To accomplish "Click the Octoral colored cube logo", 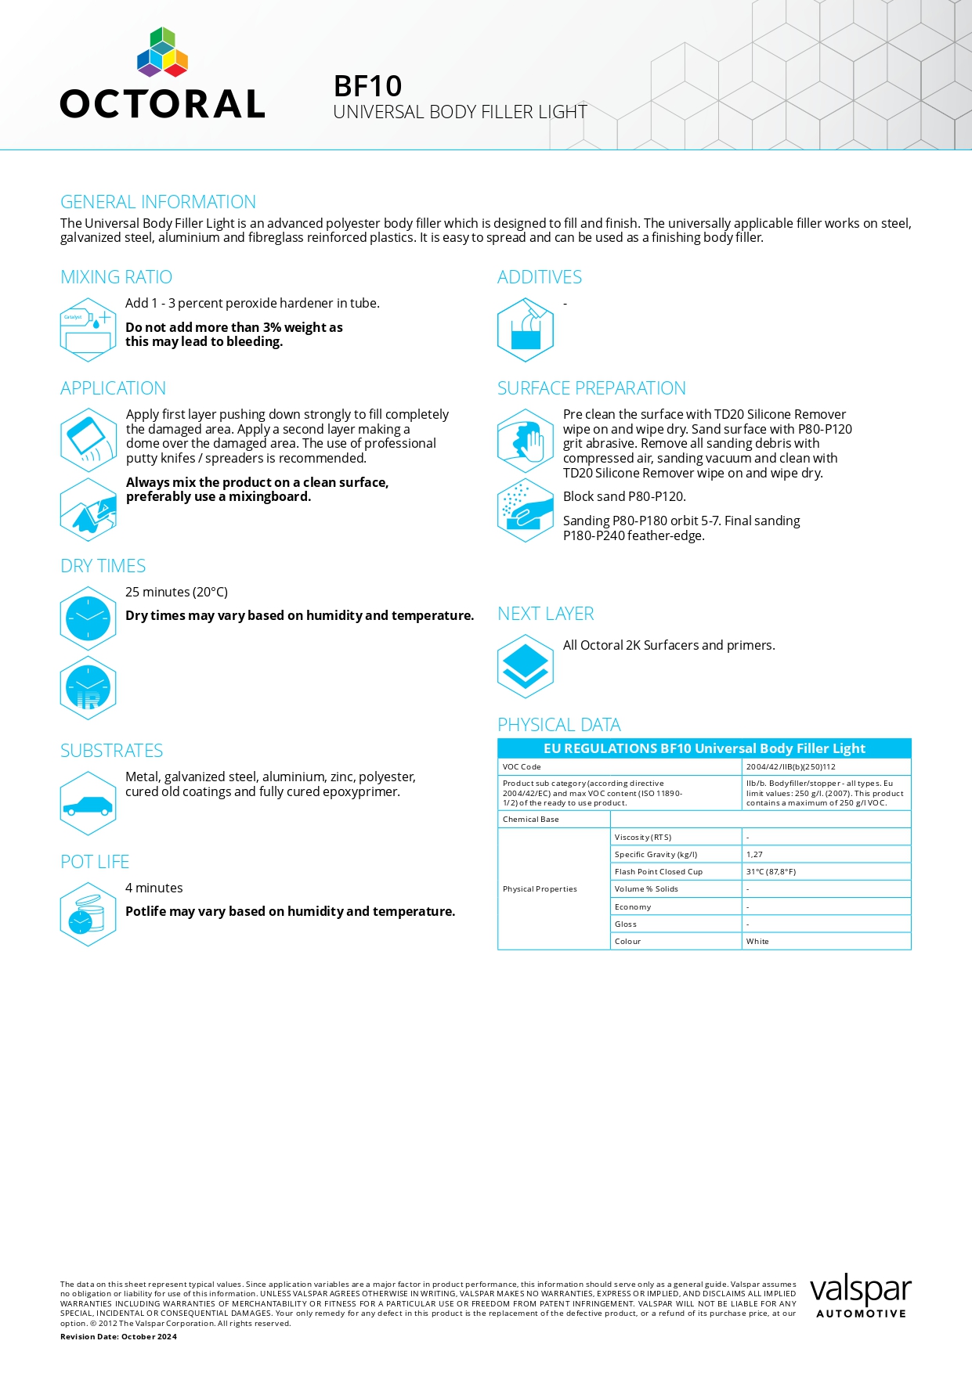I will click(162, 52).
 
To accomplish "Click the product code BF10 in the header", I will click(367, 86).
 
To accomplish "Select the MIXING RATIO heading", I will click(116, 277).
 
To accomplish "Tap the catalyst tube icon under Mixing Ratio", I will click(88, 330).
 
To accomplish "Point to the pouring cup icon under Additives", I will click(525, 330).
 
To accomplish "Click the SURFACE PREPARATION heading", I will click(591, 388).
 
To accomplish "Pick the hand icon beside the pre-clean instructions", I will click(525, 441).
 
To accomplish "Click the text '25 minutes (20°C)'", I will click(176, 592).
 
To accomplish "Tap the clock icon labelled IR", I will click(88, 689).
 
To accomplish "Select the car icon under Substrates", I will click(88, 804).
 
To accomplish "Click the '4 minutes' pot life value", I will click(154, 888).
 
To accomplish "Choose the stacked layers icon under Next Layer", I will click(525, 666).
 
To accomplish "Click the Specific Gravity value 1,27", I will click(754, 855).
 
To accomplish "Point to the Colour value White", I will click(757, 942).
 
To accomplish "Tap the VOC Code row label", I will click(522, 767).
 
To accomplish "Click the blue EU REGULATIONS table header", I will click(704, 748).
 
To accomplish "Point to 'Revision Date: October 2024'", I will click(118, 1337).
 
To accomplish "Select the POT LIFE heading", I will click(95, 862).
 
